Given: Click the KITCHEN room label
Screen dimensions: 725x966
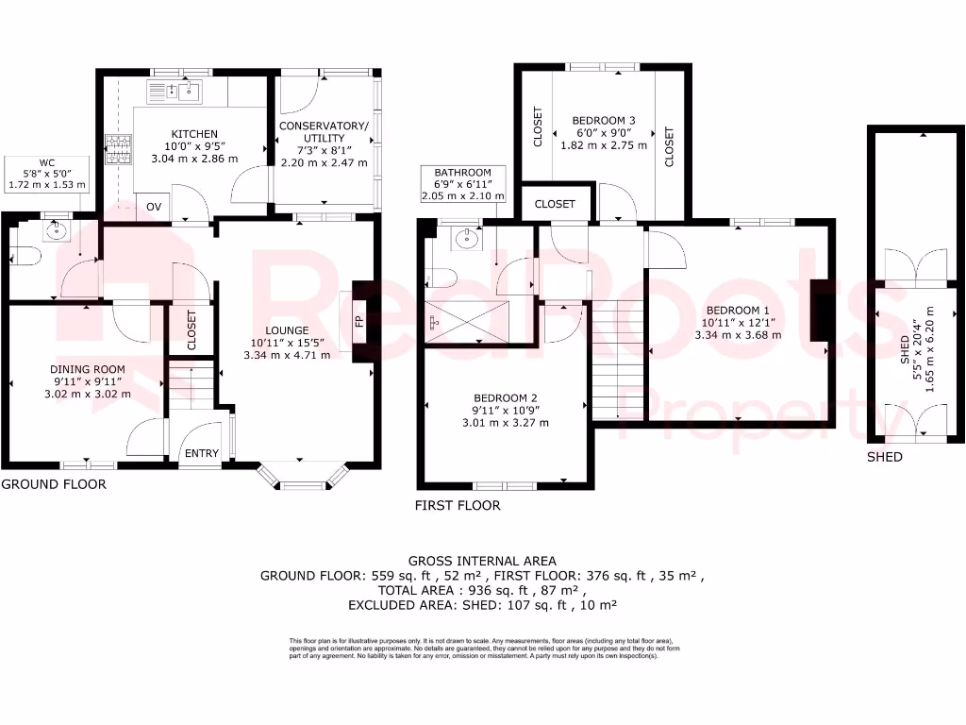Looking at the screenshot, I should tap(194, 134).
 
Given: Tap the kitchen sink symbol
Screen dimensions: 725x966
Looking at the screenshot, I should tap(175, 92).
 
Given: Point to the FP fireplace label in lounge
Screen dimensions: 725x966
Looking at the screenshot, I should tap(358, 322).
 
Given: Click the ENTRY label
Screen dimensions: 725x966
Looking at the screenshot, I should tap(201, 453).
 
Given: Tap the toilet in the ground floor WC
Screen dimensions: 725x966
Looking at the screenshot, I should tap(24, 256).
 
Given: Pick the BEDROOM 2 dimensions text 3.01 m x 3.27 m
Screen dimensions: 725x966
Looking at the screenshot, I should tap(506, 422).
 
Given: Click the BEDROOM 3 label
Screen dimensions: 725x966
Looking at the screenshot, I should tap(604, 120).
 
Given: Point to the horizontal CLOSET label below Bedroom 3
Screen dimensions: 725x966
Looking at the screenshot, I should tap(556, 204).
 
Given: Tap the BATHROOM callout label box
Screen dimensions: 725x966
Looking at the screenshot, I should tap(463, 184).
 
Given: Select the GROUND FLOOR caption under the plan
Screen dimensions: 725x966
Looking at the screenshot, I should tap(54, 484).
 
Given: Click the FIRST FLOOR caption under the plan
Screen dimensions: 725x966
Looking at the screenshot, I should tap(458, 506).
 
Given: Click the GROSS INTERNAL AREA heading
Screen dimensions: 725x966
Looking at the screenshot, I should tap(482, 560).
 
